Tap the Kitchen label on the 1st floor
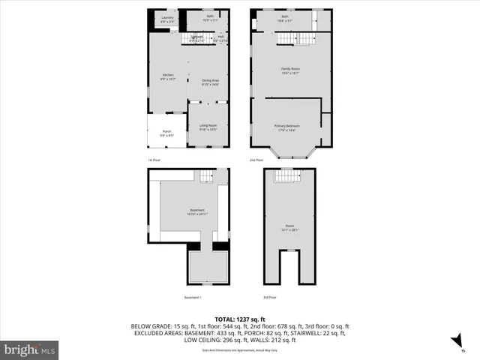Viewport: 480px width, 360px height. point(169,76)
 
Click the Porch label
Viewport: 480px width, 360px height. point(166,134)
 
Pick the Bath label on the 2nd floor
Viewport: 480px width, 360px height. point(284,17)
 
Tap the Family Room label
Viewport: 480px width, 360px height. point(290,70)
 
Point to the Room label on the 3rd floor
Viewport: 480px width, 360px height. point(289,228)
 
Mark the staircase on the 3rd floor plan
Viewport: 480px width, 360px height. point(288,176)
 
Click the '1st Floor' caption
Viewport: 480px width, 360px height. point(154,160)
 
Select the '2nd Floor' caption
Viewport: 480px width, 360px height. point(256,160)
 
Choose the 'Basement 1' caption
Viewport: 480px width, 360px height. point(193,298)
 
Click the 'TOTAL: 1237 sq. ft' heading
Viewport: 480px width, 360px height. point(240,319)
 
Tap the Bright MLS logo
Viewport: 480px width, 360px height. point(29,349)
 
